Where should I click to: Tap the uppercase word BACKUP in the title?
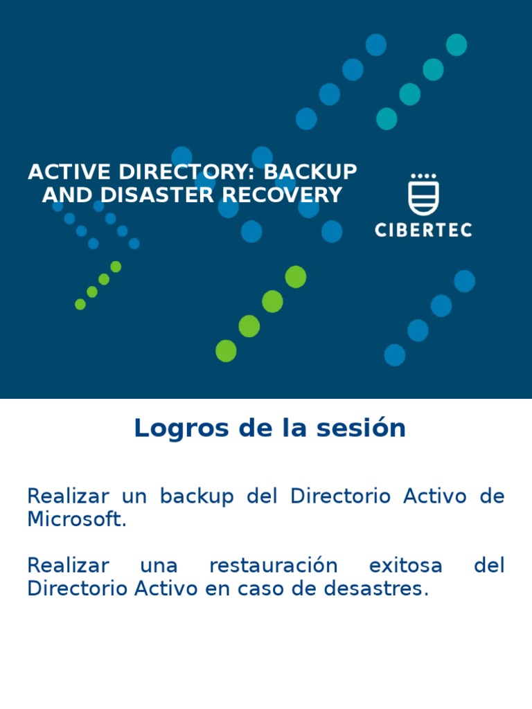click(310, 172)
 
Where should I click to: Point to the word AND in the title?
click(59, 195)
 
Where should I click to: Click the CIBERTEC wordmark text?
click(423, 230)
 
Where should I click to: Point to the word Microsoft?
click(77, 520)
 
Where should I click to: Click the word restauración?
click(273, 566)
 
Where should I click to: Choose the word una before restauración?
click(159, 566)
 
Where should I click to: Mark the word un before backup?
click(134, 497)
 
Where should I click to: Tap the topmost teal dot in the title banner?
click(456, 45)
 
